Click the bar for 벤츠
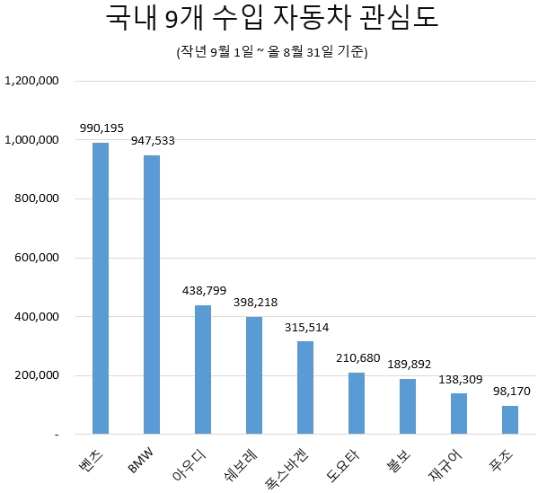coord(101,288)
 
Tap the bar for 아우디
coord(203,369)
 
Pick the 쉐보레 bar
coord(254,375)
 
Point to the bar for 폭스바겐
coord(305,387)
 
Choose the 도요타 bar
coord(357,403)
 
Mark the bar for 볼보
coord(408,406)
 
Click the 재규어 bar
coord(459,413)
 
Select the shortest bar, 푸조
coord(510,419)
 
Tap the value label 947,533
coord(152,141)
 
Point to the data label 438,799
coord(203,291)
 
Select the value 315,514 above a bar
coord(305,327)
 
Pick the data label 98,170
coord(510,392)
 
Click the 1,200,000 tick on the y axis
coord(32,81)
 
